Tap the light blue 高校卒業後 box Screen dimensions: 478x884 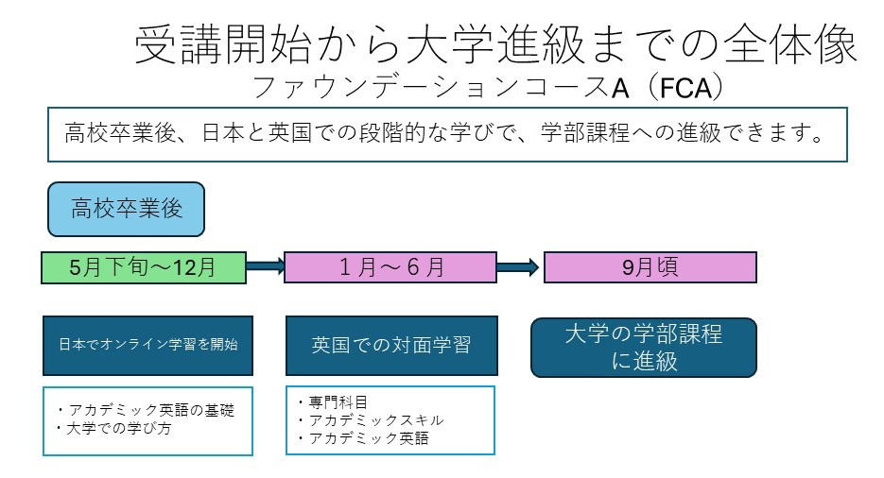coord(126,209)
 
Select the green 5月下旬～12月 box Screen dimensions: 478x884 coord(143,267)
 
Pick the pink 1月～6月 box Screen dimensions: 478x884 coord(390,267)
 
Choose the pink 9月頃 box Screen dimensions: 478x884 coord(650,267)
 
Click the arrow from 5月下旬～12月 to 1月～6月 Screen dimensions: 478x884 coord(265,267)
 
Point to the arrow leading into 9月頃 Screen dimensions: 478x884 coord(519,267)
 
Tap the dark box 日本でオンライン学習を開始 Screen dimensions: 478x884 coord(147,344)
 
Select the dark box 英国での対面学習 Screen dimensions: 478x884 coord(390,344)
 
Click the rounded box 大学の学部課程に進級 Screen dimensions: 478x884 coord(644,347)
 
